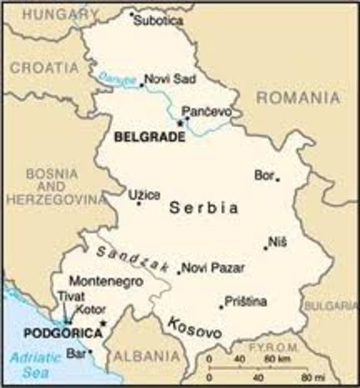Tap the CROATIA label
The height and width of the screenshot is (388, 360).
pos(37,70)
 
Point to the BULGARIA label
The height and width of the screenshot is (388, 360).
pos(330,306)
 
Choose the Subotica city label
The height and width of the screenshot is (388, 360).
pos(159,20)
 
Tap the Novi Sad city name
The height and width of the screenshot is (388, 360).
pos(166,79)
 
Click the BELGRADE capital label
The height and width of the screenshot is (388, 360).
pos(150,138)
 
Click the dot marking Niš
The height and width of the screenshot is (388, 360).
pos(265,247)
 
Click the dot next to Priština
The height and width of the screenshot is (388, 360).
pos(221,306)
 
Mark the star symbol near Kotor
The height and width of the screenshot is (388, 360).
pos(103,323)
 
